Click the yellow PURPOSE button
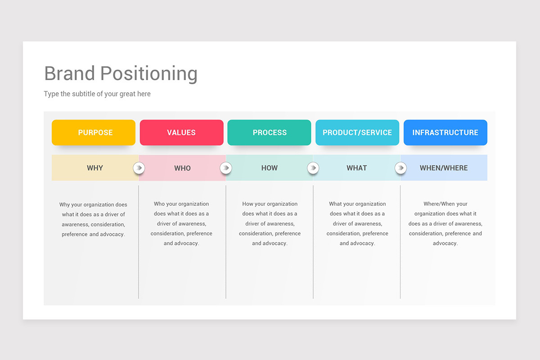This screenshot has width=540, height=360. click(94, 132)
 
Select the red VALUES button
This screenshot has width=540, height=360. click(181, 132)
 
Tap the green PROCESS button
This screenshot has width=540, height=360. click(269, 132)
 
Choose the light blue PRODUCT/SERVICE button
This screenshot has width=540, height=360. click(357, 132)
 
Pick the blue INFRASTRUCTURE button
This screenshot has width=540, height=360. click(445, 132)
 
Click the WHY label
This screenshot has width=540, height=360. click(95, 168)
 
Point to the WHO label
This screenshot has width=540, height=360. click(182, 168)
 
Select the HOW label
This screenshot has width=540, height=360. click(270, 168)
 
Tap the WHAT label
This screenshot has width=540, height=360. click(357, 168)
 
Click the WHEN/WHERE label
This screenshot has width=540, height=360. click(444, 168)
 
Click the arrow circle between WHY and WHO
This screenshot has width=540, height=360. click(139, 168)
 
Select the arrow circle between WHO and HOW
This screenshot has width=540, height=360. click(225, 168)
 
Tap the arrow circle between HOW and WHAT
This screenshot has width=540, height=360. click(313, 168)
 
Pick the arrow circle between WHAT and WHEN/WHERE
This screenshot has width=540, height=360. click(400, 168)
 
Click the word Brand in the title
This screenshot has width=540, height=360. click(70, 73)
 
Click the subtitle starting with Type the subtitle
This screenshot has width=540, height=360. click(97, 94)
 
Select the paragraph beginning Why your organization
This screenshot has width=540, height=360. click(94, 219)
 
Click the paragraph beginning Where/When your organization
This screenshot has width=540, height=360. click(445, 224)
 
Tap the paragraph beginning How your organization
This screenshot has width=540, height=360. click(270, 224)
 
